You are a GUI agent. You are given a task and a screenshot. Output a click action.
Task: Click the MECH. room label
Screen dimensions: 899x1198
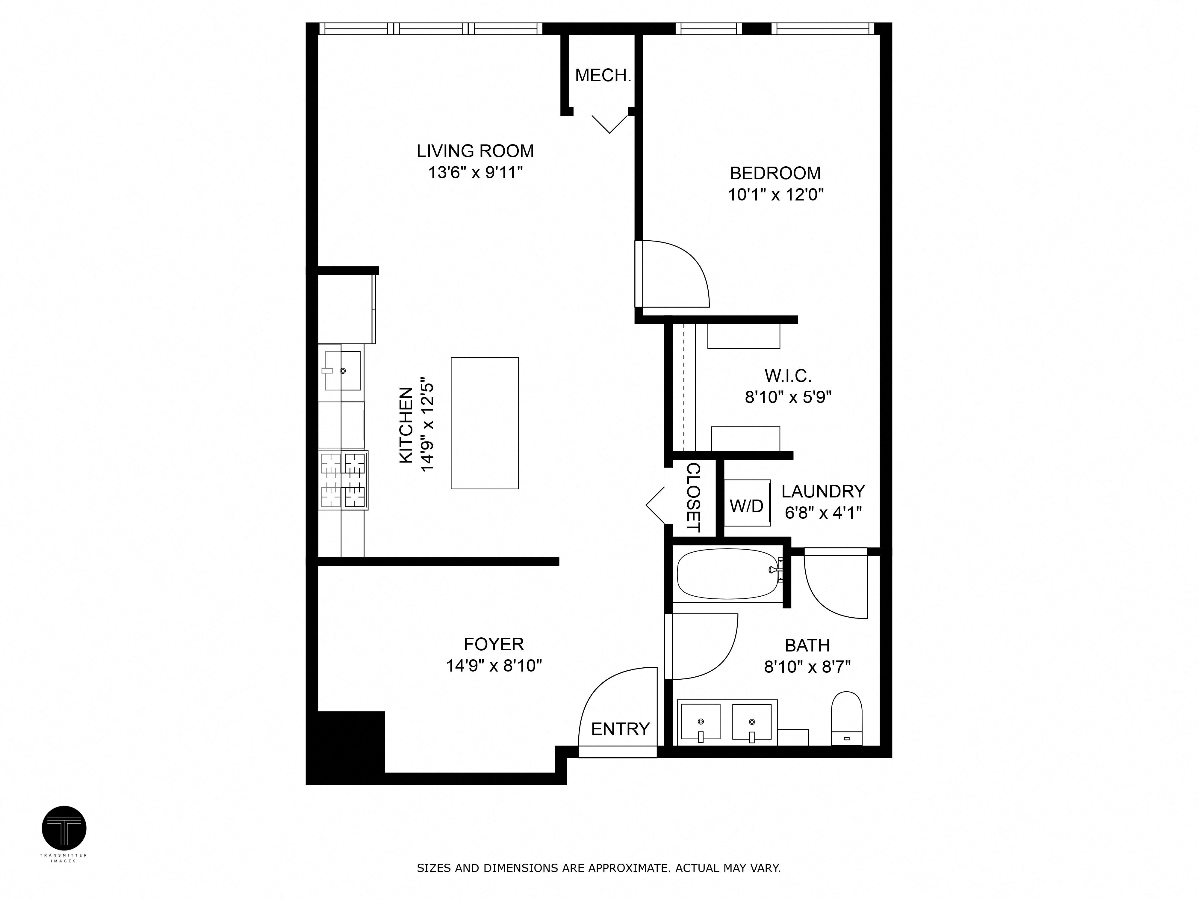point(603,75)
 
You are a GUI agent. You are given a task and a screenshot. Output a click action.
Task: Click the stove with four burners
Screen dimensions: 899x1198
point(343,480)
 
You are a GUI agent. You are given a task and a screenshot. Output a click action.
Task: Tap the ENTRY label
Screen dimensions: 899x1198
point(620,729)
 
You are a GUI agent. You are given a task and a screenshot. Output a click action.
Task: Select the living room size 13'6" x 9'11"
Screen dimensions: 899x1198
point(475,173)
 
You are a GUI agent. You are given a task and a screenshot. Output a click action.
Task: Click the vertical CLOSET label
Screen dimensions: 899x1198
point(693,497)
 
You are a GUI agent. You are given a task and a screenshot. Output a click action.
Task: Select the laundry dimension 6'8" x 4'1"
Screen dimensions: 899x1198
point(823,513)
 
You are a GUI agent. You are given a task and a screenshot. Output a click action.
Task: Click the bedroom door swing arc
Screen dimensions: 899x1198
point(685,266)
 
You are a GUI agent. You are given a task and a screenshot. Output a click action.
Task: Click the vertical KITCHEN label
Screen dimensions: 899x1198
point(406,426)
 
